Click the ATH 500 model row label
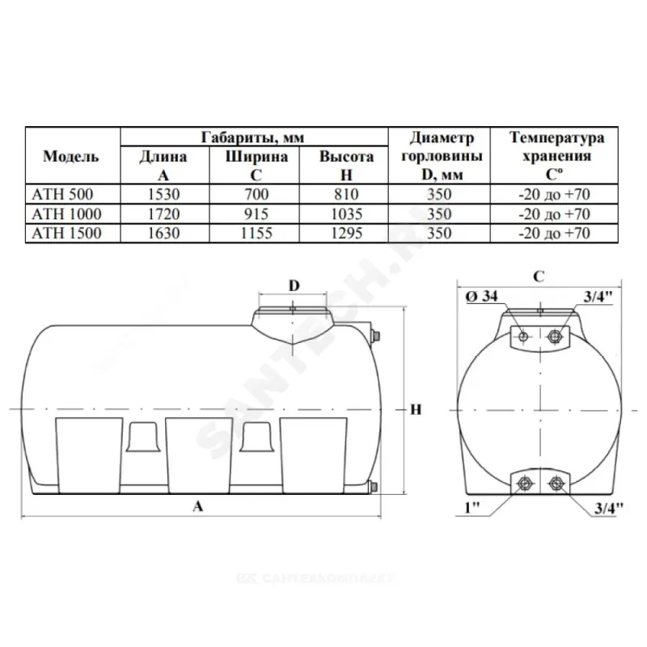tap(62, 194)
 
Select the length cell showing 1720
tap(164, 214)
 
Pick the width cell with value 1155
tap(256, 233)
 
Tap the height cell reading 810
tap(347, 194)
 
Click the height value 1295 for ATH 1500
tap(347, 233)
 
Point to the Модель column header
tap(71, 156)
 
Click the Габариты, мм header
tap(252, 137)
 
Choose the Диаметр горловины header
tap(442, 156)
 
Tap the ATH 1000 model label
tap(66, 214)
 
